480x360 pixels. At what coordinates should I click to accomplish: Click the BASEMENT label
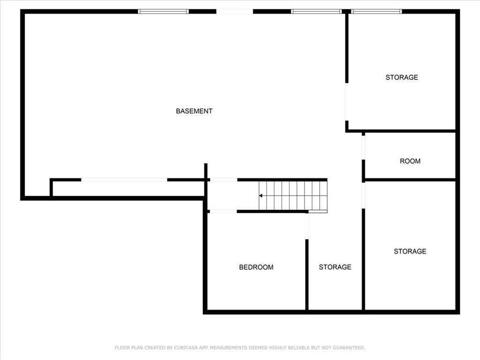[194, 111]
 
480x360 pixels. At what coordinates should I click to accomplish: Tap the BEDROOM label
[256, 267]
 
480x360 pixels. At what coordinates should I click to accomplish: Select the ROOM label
[410, 161]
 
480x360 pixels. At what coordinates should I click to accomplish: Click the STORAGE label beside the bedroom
[335, 267]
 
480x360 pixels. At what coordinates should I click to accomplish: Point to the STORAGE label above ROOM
[402, 77]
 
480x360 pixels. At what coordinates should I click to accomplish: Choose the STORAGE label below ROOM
[410, 251]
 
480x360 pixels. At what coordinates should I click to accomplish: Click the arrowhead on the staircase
[261, 195]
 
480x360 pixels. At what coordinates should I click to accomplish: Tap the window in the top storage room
[376, 12]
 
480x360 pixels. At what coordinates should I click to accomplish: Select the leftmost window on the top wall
[163, 12]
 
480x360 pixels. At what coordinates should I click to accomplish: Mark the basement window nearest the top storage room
[316, 12]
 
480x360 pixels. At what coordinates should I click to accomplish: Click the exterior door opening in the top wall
[234, 12]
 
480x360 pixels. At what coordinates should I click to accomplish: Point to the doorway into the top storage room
[346, 102]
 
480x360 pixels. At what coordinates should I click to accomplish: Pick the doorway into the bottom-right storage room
[363, 195]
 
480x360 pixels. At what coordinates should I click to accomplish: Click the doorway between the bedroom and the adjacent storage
[307, 226]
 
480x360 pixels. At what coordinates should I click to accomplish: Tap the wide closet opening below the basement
[124, 180]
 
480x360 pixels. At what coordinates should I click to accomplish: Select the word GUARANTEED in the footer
[349, 348]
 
